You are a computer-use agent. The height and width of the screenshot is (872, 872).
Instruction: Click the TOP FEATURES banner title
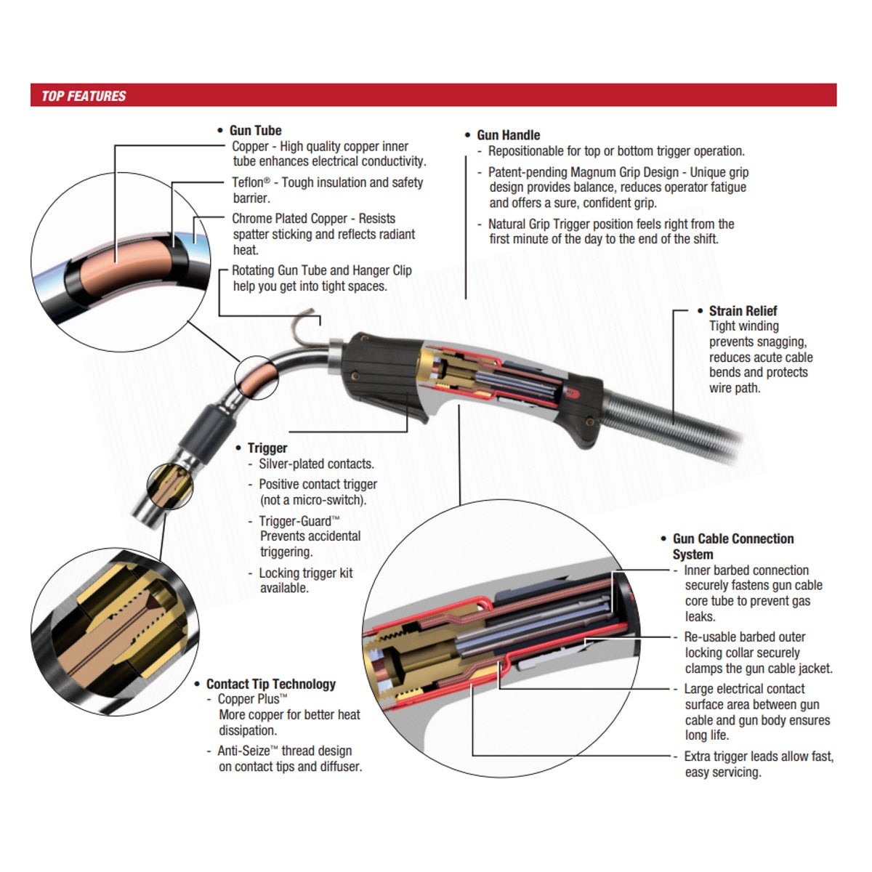84,96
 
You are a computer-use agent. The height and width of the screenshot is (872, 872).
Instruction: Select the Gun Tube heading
255,131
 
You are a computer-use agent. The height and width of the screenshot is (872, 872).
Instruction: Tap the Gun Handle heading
508,135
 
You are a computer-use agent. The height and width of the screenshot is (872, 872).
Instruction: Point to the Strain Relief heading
743,311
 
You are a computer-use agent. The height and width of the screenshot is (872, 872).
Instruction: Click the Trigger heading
267,448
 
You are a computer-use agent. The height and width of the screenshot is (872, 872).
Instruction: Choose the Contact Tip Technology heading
270,684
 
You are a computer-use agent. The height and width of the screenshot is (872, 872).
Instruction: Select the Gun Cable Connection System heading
732,546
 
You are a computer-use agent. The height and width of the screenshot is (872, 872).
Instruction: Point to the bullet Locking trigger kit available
305,580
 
